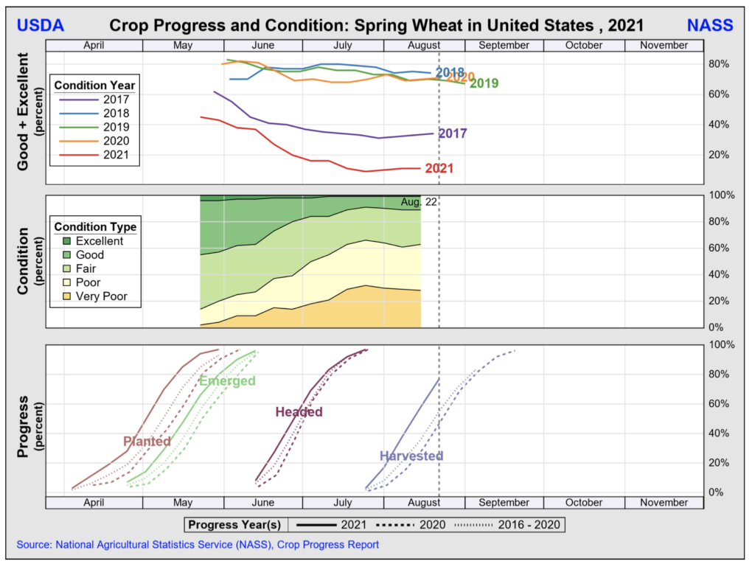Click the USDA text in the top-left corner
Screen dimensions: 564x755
(40, 25)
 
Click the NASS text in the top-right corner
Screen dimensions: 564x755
(710, 25)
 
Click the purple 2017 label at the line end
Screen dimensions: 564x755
(453, 133)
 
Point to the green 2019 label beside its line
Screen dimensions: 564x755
(484, 83)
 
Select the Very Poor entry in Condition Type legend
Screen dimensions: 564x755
(101, 296)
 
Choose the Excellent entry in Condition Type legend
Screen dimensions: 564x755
(99, 241)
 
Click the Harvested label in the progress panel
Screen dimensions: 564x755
(411, 456)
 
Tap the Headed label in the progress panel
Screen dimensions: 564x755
(299, 411)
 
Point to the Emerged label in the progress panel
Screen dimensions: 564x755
(227, 380)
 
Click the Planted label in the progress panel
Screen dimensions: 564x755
(147, 441)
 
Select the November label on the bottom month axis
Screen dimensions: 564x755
(664, 502)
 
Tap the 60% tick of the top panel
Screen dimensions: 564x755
(719, 94)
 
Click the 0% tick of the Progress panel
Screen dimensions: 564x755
(721, 492)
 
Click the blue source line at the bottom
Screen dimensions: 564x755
(198, 545)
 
